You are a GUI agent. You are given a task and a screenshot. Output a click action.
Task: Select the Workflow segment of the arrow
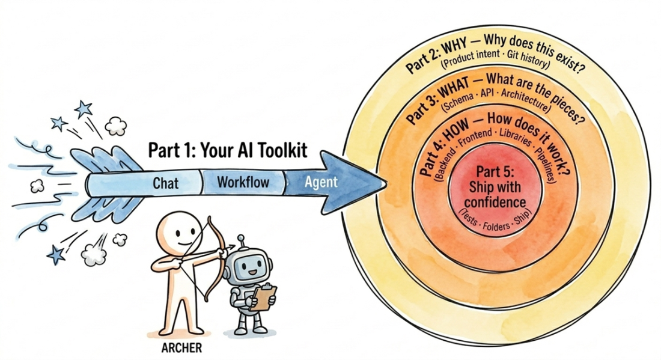243,182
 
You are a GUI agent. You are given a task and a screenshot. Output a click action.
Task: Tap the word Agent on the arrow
321,182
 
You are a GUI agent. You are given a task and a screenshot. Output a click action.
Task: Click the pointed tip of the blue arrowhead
386,183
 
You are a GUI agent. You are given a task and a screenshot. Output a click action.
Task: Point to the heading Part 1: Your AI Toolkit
228,150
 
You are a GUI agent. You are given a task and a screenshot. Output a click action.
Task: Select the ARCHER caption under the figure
181,348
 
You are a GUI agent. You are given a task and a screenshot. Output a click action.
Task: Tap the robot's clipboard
263,297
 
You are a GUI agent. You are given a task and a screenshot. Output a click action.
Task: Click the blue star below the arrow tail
56,254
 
